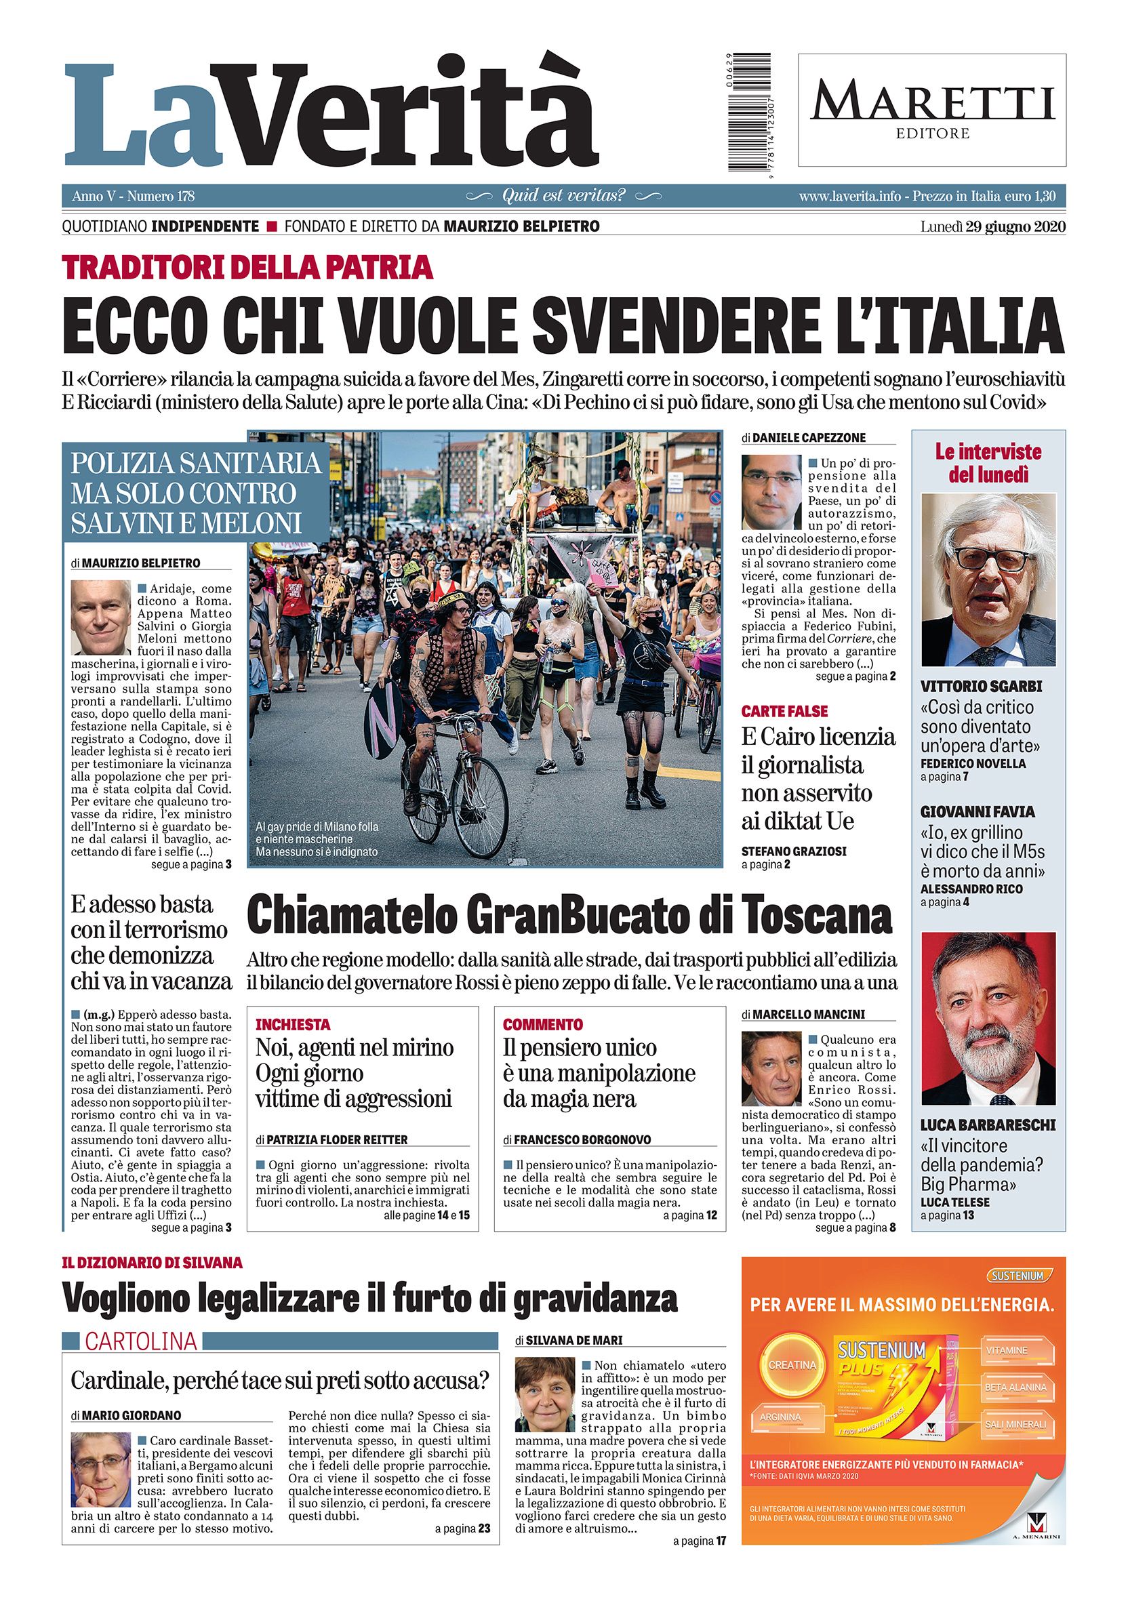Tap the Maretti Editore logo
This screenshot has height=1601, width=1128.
click(x=932, y=110)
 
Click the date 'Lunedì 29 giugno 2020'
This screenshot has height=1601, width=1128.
click(x=992, y=226)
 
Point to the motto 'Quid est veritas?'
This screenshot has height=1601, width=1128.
click(x=564, y=196)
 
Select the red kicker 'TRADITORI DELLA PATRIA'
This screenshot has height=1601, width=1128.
click(x=247, y=268)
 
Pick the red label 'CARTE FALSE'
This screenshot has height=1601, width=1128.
click(x=784, y=711)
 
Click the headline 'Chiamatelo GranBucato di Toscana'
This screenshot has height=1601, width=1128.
click(x=569, y=916)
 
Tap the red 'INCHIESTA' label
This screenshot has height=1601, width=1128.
click(x=293, y=1024)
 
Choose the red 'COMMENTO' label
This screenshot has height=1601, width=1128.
click(x=542, y=1024)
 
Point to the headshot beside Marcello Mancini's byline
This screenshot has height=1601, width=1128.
click(x=771, y=1069)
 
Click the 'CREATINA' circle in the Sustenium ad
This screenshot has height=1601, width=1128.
click(x=792, y=1364)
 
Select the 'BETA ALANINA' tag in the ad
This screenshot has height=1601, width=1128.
click(x=1014, y=1387)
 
